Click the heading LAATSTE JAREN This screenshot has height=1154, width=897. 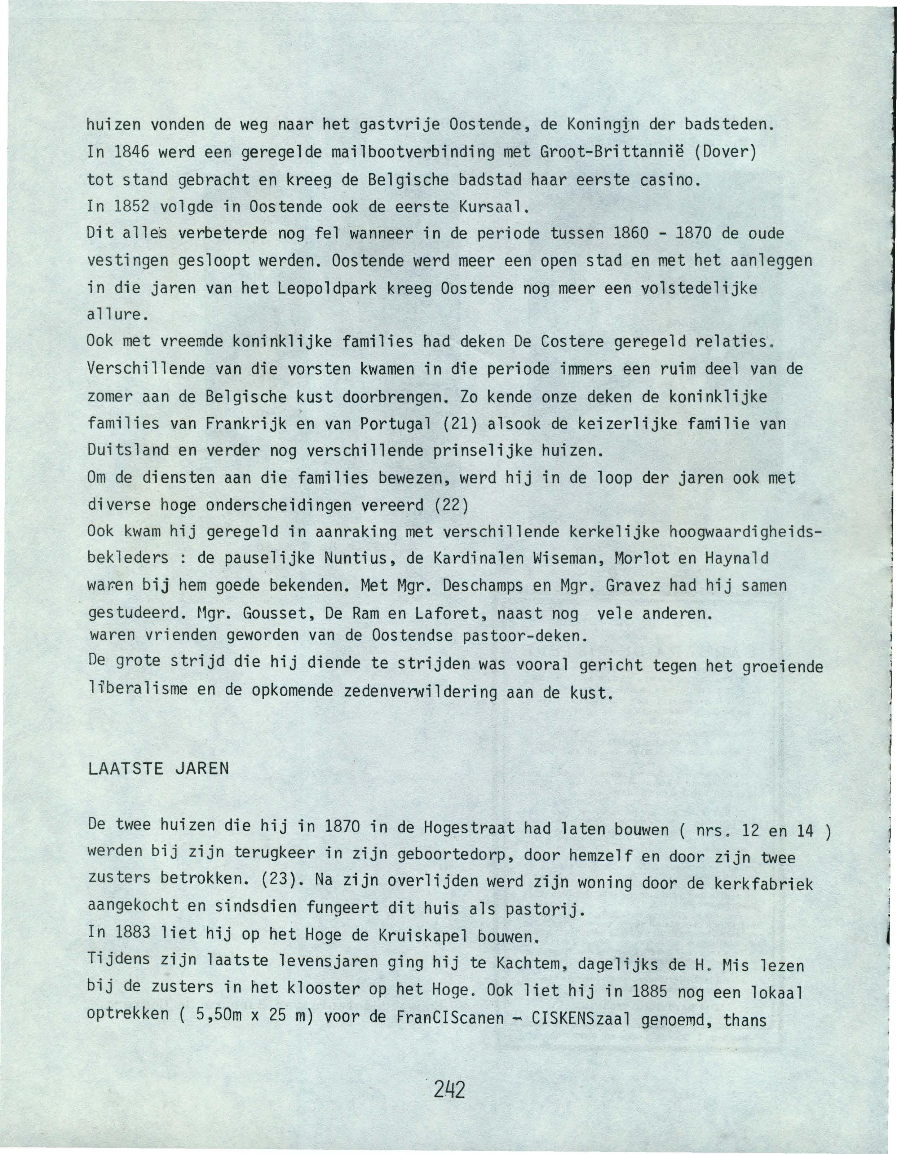(158, 768)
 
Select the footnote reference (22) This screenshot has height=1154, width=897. (451, 505)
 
